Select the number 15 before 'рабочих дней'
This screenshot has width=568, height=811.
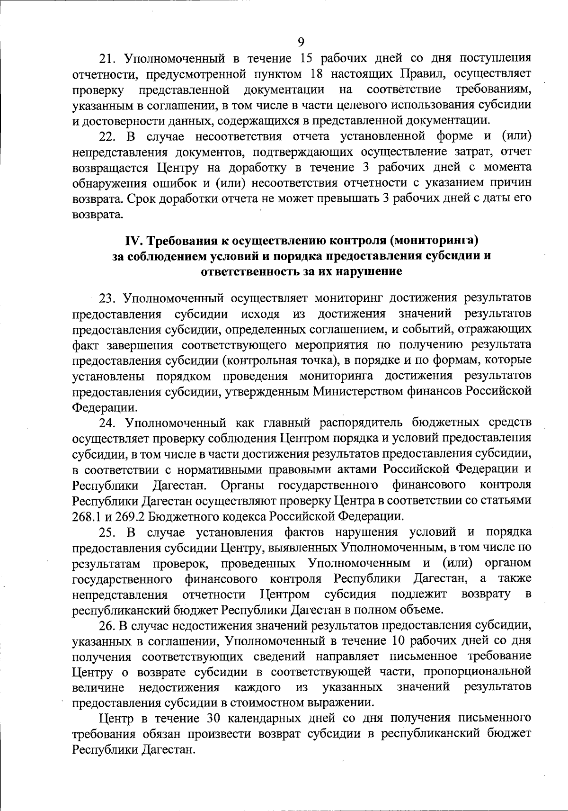coord(308,58)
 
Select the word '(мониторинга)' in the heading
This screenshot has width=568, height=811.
coord(434,241)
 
